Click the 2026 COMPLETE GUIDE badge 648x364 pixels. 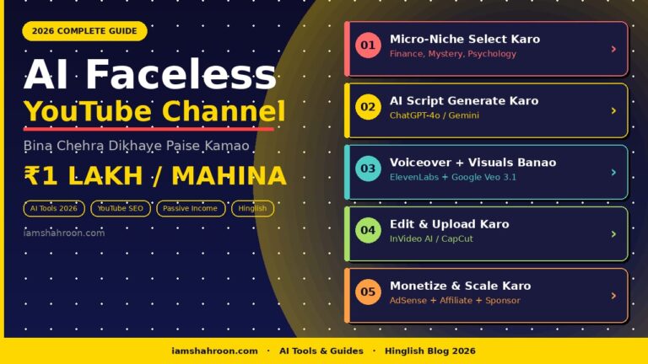(x=84, y=31)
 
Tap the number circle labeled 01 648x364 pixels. (x=368, y=45)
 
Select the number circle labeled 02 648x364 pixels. (x=368, y=107)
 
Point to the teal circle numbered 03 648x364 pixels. (x=368, y=169)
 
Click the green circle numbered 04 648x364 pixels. (x=368, y=230)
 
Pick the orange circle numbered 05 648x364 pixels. (x=368, y=292)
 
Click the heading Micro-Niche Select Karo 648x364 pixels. (x=464, y=40)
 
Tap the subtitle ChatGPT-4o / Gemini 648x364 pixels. (x=434, y=115)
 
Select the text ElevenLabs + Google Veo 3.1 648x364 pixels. (x=452, y=177)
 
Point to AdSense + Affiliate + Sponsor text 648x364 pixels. (x=455, y=301)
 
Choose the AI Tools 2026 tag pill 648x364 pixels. (x=54, y=208)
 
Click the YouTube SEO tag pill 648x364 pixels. (x=121, y=208)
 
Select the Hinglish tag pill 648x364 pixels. (x=252, y=208)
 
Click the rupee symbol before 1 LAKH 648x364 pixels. (x=33, y=176)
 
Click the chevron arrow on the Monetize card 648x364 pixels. (x=613, y=296)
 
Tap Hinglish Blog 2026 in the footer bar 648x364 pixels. (x=429, y=351)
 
